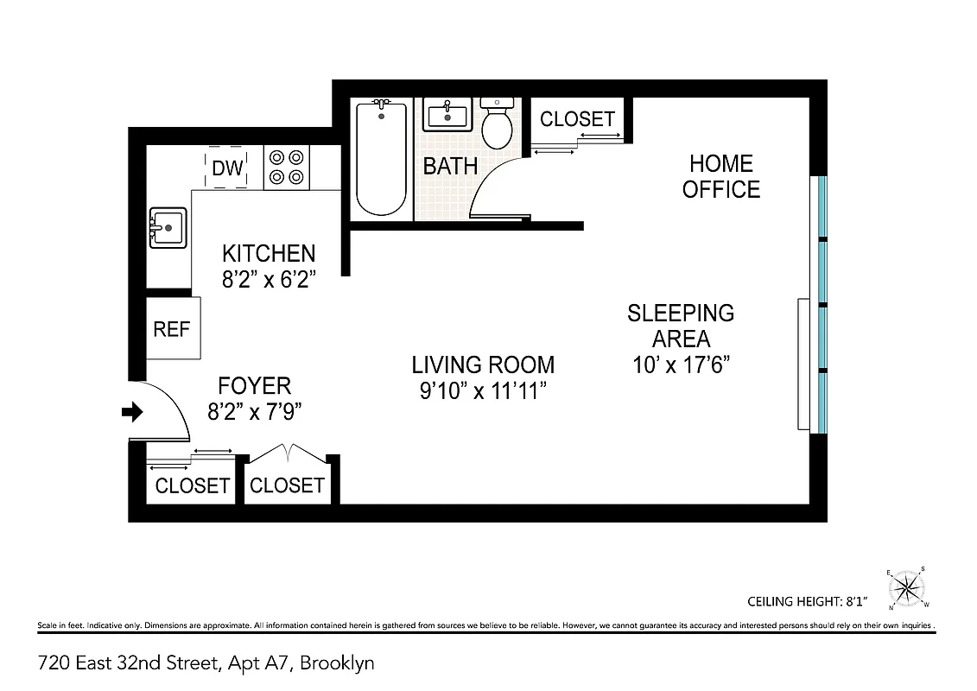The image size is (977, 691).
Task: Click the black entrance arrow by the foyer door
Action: pos(132,413)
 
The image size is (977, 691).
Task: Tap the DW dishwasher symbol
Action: pos(228,168)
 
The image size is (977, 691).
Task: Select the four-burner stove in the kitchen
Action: pos(287,168)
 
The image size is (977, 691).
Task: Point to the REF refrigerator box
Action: pos(172,329)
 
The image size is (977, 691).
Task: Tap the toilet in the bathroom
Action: pos(497,125)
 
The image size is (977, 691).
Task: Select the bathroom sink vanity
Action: pos(447,115)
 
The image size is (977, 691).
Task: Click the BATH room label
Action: pos(450,166)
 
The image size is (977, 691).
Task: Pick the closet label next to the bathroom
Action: pos(577,119)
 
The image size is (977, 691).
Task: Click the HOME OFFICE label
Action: pos(721,176)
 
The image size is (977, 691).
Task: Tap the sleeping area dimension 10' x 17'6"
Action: pos(682,364)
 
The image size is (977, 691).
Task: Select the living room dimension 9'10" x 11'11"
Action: pos(483,391)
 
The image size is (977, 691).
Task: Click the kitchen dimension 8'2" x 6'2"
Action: pos(269,279)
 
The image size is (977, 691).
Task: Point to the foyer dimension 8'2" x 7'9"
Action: pos(254,412)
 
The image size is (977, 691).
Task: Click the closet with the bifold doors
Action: pos(287,484)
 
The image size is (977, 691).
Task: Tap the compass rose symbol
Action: pos(907,589)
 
